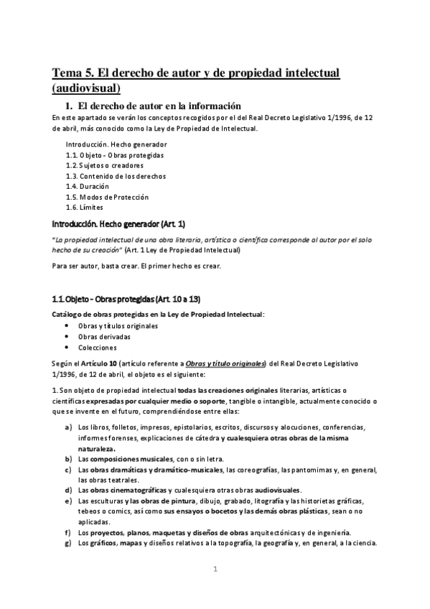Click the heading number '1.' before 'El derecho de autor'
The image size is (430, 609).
coord(70,106)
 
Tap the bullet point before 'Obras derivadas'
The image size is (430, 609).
coord(67,336)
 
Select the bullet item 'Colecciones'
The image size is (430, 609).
coord(97,347)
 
